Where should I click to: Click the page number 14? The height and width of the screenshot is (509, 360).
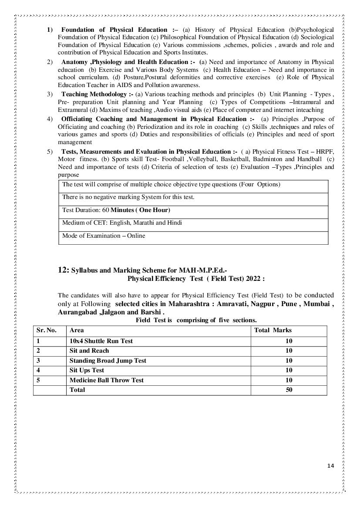point(330,466)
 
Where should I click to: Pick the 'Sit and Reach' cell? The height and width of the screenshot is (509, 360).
point(89,351)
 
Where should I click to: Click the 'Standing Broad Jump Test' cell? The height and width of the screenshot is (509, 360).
point(108,361)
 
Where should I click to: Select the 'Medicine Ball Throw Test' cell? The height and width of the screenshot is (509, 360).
point(106,380)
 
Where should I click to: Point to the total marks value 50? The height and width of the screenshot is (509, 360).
point(289,390)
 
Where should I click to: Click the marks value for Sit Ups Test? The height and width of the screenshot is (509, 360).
point(289,370)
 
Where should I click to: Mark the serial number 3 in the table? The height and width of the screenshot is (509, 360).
point(38,361)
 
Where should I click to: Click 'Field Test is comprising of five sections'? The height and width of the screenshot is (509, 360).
point(196,320)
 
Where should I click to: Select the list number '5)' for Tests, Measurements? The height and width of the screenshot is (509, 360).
point(50,152)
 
